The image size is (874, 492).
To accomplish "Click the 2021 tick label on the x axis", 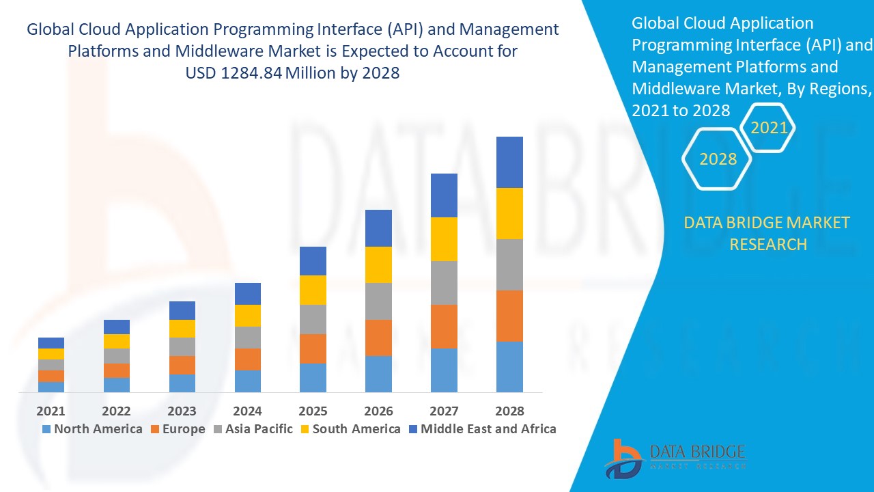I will [51, 411].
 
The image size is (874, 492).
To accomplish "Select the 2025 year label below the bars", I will [313, 411].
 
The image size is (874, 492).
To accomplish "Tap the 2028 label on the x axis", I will [509, 411].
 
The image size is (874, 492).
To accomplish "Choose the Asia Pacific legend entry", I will [255, 429].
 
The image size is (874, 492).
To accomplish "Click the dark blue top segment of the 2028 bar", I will [509, 162].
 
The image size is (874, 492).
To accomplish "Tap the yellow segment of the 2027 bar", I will [444, 239].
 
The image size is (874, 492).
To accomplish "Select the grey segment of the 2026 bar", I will [378, 301].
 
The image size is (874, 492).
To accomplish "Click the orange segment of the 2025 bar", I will [313, 348].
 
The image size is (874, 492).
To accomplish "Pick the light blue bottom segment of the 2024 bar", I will [247, 381].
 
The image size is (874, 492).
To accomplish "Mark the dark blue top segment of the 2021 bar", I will [51, 343].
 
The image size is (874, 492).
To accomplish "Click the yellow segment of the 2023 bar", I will [182, 329].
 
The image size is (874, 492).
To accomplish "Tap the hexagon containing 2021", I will [769, 128].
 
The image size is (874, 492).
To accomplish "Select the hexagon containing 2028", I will [718, 159].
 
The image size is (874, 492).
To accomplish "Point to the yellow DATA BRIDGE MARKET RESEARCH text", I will [767, 233].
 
